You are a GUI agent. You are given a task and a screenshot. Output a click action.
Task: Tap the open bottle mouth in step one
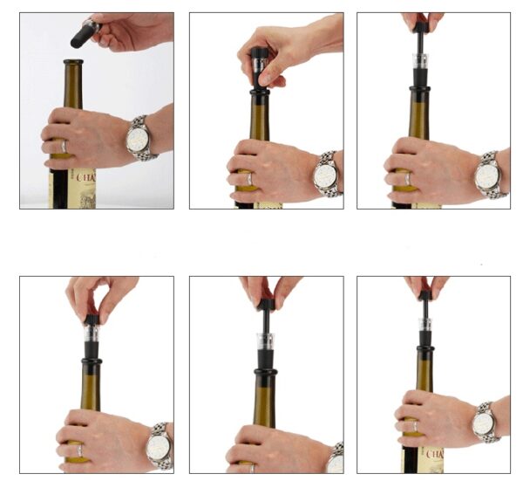(74, 62)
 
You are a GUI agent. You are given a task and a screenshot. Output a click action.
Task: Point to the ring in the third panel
(408, 179)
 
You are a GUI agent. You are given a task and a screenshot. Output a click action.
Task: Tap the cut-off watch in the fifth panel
(336, 459)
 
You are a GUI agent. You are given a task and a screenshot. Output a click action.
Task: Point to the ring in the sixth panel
(415, 427)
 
